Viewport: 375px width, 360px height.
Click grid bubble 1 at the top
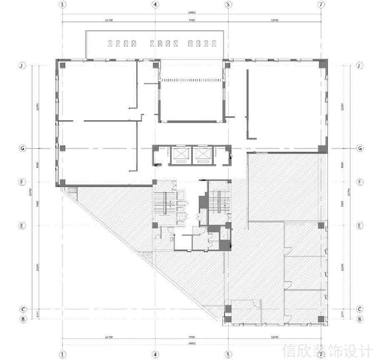[x=62, y=5]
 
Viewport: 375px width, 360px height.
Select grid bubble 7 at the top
[x=320, y=5]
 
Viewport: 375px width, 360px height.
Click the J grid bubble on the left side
[x=23, y=66]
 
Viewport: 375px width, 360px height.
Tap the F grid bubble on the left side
[x=23, y=182]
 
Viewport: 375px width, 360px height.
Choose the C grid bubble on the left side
[x=23, y=309]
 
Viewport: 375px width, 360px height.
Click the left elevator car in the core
[x=180, y=154]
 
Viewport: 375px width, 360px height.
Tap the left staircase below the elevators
[x=165, y=203]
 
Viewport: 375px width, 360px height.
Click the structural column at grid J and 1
[x=62, y=65]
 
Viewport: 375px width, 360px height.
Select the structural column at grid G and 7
[x=321, y=148]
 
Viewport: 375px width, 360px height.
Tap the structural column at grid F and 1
[x=62, y=182]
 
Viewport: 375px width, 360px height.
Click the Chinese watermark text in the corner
[x=327, y=350]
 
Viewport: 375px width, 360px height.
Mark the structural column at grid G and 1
[x=62, y=148]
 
